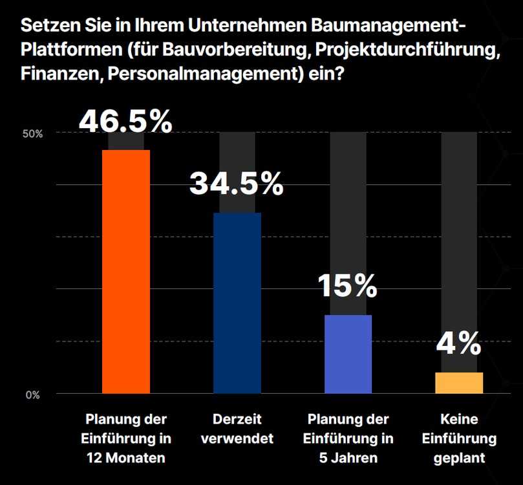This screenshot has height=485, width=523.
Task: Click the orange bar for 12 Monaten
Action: [126, 272]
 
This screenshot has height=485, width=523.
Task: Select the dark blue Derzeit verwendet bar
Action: [237, 303]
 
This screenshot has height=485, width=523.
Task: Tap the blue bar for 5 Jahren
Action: [348, 354]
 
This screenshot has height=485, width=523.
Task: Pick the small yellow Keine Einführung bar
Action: [459, 383]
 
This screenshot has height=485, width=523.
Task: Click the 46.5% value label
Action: [126, 121]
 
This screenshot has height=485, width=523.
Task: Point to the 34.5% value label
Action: [237, 184]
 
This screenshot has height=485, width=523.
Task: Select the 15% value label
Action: [348, 285]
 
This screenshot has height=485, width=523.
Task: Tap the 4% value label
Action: [458, 343]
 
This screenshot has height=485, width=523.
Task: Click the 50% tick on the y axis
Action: [33, 134]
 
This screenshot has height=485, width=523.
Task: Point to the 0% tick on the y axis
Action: [33, 394]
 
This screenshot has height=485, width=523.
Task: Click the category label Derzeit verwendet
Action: [237, 429]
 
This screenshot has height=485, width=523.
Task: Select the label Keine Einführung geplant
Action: [459, 439]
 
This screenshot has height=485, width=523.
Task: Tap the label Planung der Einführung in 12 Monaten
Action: [127, 439]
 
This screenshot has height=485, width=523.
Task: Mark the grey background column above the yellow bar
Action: [459, 246]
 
